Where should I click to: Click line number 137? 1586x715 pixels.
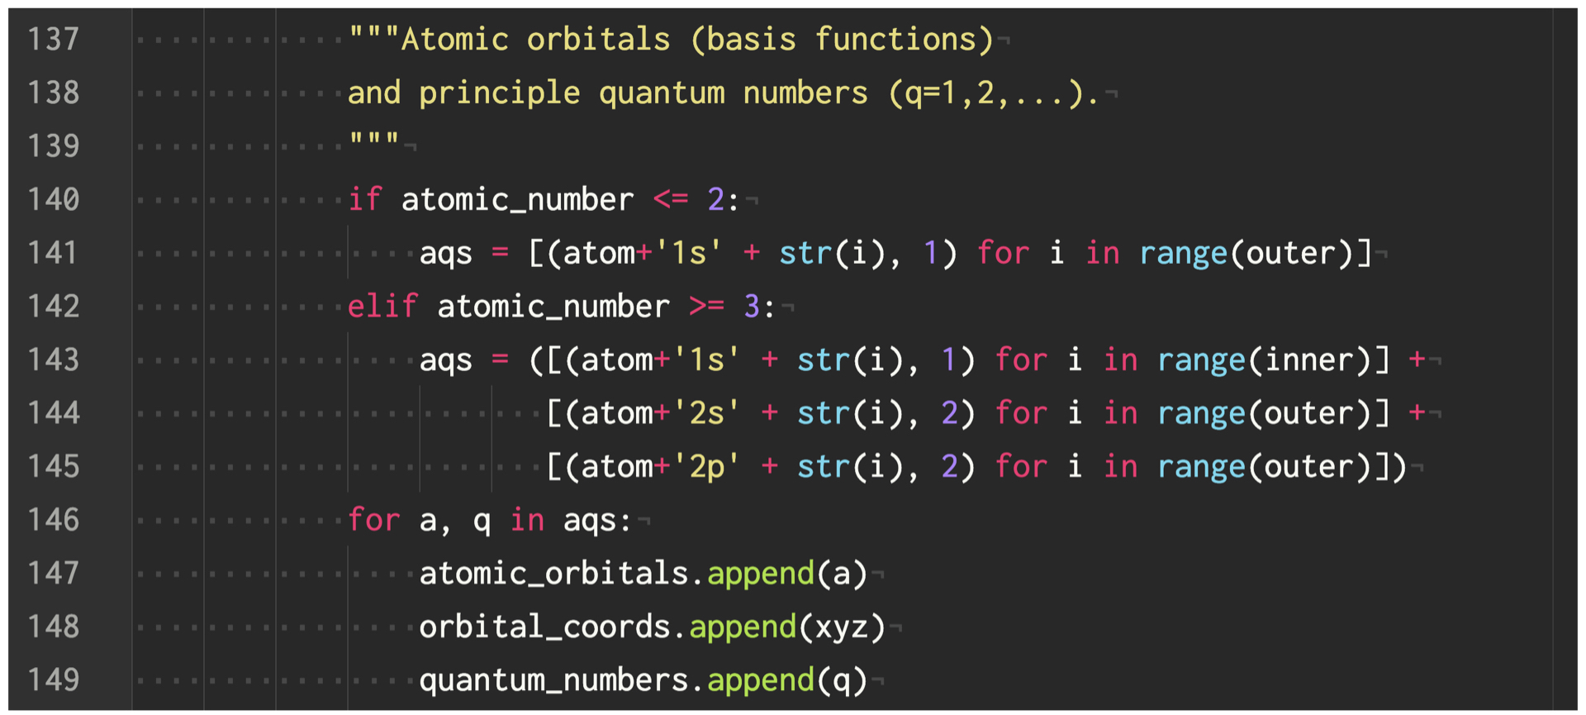point(54,39)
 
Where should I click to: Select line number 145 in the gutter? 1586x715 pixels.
point(54,466)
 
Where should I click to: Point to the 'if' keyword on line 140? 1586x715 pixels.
point(364,199)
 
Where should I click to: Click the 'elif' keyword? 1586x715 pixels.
point(382,306)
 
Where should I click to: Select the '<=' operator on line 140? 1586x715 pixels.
point(670,199)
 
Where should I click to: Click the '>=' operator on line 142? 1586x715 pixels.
point(706,306)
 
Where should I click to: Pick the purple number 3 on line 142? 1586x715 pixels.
point(751,306)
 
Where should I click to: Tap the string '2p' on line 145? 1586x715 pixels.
point(706,466)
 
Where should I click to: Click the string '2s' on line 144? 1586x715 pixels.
point(706,412)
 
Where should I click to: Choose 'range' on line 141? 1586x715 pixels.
point(1183,253)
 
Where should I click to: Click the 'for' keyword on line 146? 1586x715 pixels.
point(373,520)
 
